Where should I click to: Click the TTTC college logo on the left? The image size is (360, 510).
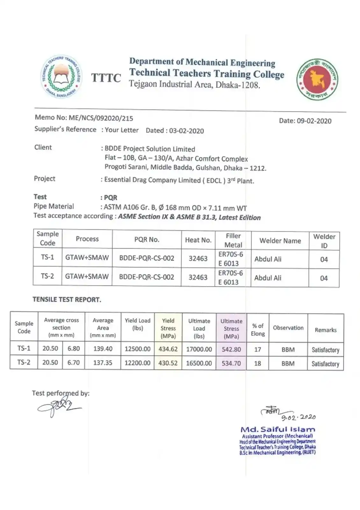point(61,76)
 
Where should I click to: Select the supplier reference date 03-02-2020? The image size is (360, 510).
point(186,131)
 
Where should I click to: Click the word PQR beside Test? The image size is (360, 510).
point(111,198)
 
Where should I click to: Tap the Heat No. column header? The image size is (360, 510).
point(198,240)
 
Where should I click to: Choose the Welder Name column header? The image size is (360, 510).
point(280,241)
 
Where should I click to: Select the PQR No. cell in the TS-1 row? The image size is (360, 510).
point(147,258)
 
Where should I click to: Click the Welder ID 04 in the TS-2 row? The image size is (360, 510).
point(324,278)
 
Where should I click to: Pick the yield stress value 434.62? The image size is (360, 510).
point(168,349)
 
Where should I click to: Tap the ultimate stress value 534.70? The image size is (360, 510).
point(231,363)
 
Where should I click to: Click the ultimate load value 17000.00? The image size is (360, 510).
point(199,349)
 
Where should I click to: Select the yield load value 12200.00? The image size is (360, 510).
point(137,363)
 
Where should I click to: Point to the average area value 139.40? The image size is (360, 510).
point(103,349)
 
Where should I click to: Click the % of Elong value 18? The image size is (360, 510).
point(257,363)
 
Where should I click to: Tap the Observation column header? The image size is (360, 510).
point(288,328)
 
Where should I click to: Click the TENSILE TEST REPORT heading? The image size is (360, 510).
point(67,300)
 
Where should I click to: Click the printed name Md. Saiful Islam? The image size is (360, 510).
point(278,429)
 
